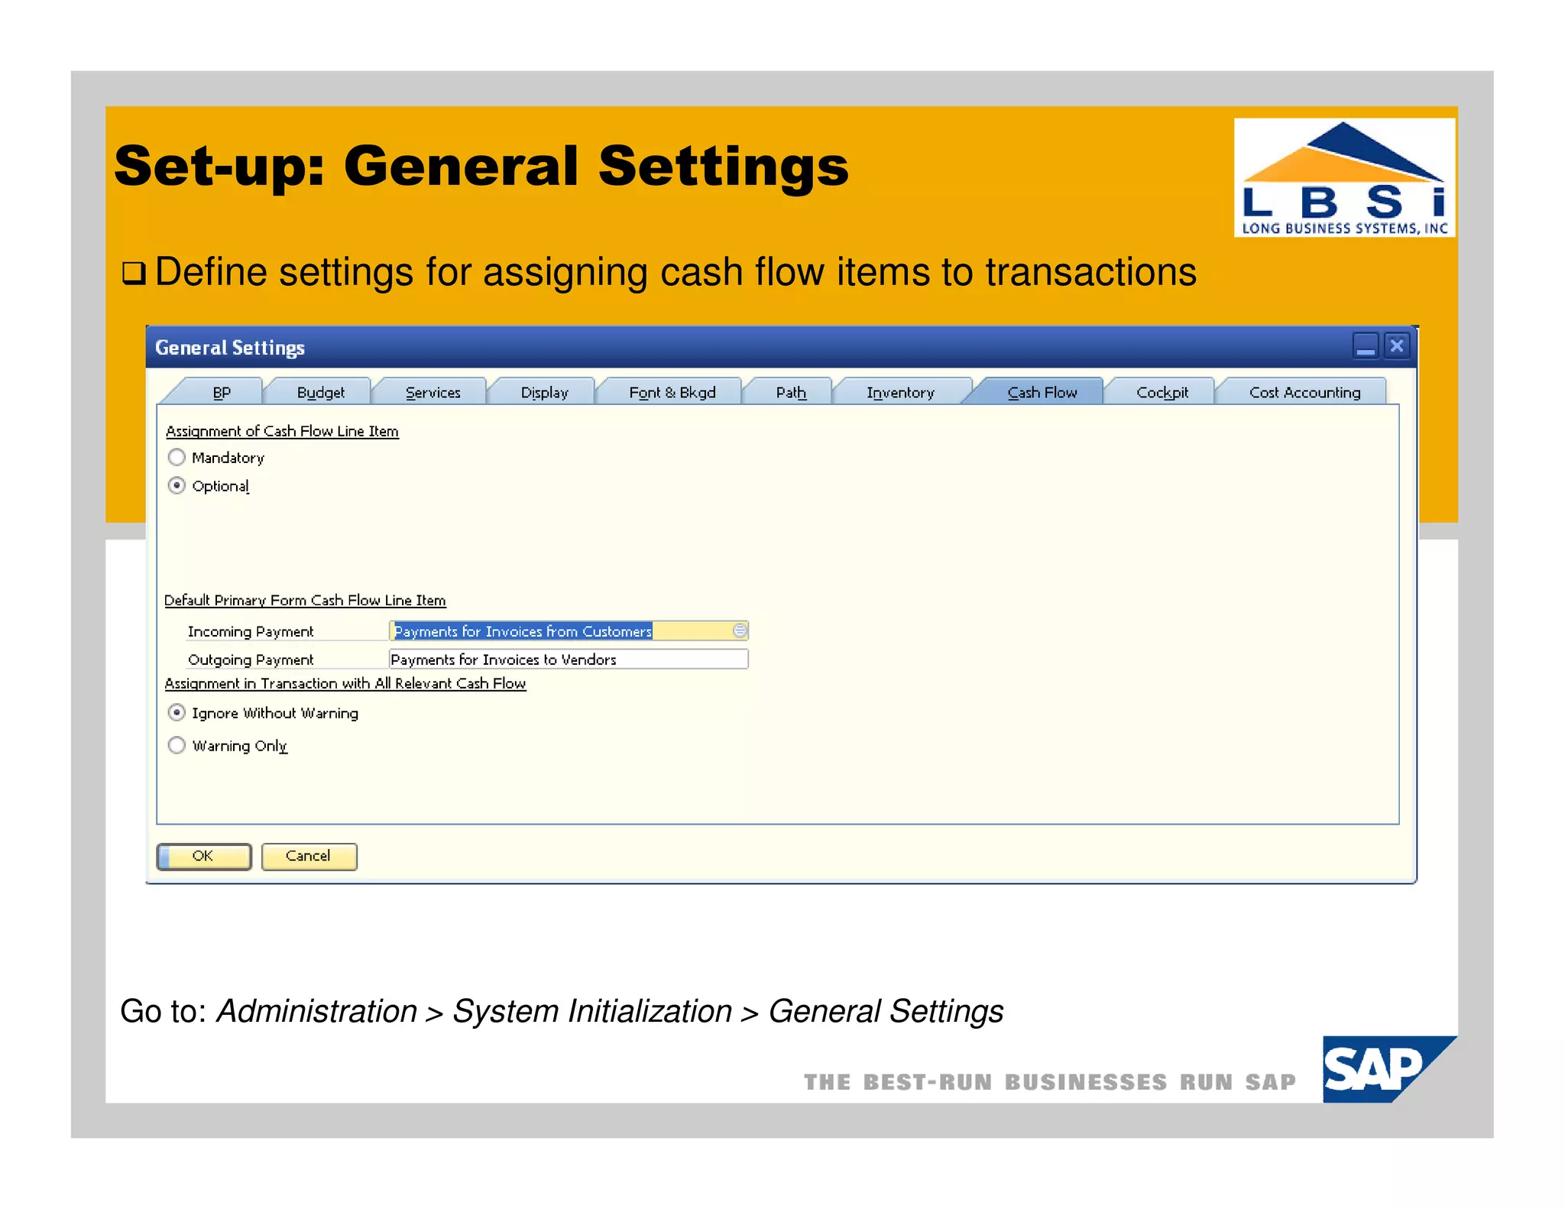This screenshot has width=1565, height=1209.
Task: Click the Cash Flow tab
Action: (1042, 392)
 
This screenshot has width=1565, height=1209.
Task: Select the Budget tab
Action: (320, 392)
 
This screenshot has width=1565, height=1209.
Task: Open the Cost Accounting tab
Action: (1304, 392)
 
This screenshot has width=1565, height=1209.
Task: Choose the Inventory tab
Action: (900, 392)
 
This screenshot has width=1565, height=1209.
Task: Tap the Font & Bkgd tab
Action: (672, 392)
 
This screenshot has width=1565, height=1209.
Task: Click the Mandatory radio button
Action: (177, 457)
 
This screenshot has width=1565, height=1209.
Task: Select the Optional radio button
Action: (177, 485)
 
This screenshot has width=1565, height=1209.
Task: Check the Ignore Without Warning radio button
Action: (177, 712)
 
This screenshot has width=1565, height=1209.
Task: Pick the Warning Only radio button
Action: (177, 745)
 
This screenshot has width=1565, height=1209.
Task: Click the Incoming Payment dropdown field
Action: (568, 630)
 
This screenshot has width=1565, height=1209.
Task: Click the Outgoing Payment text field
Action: (568, 659)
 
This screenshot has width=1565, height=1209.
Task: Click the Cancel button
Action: (309, 856)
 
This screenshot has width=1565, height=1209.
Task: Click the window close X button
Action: (1397, 346)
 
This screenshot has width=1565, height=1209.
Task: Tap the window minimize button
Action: (1366, 346)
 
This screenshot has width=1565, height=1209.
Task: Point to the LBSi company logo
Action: (1344, 177)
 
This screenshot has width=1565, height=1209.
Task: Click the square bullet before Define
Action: (134, 273)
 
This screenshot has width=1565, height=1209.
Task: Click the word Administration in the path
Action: (317, 1011)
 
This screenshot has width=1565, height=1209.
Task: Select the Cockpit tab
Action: (1162, 392)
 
